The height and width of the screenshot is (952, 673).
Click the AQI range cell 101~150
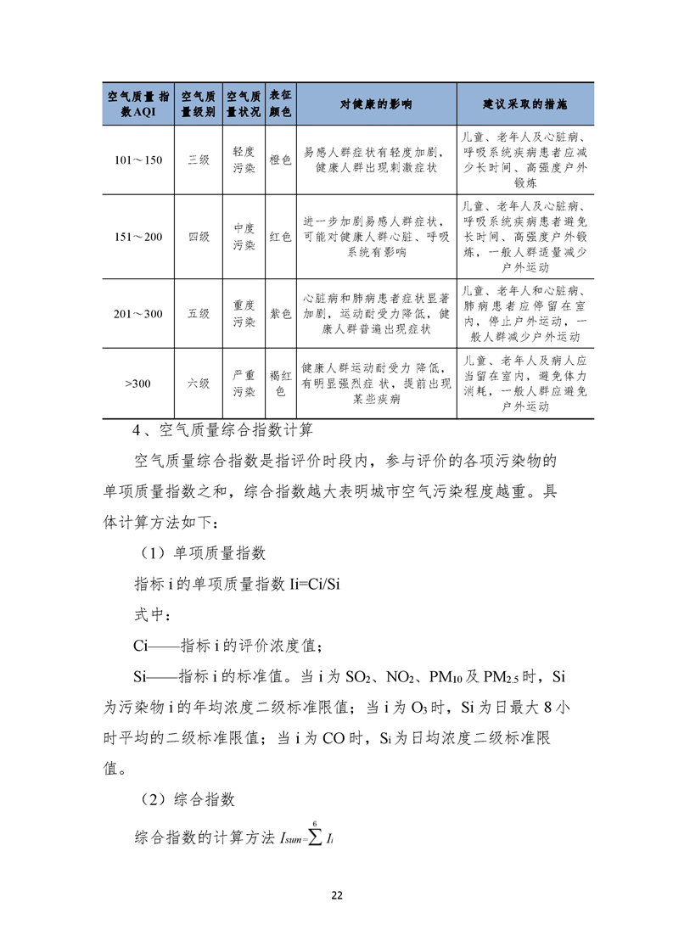[x=137, y=160]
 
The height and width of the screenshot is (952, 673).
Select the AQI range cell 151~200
[x=137, y=237]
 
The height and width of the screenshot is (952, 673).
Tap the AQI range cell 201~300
[x=137, y=313]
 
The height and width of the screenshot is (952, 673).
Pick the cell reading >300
[x=137, y=384]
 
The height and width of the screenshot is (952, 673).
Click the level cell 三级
[x=199, y=160]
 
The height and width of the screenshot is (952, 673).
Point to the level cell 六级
[x=199, y=384]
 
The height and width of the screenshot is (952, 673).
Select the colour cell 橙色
[x=280, y=160]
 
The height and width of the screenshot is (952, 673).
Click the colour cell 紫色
[x=280, y=313]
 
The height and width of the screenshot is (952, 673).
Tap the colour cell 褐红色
[x=280, y=383]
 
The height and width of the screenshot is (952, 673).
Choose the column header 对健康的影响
[x=376, y=104]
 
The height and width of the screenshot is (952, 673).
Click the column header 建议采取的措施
[x=524, y=104]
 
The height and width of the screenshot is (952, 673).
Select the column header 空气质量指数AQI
[x=137, y=104]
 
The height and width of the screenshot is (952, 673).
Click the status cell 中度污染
[x=244, y=237]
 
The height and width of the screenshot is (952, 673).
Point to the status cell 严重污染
[x=244, y=383]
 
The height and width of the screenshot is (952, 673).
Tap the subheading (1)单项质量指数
[x=202, y=553]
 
